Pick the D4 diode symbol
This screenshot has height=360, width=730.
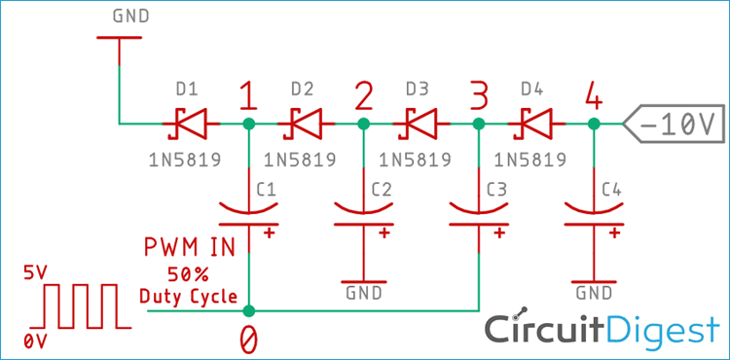(x=532, y=124)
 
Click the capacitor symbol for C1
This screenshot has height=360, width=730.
(x=250, y=216)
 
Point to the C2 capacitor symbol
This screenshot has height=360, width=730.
(x=364, y=216)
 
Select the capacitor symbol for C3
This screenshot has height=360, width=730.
(x=478, y=216)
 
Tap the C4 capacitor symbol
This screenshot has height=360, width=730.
(x=593, y=216)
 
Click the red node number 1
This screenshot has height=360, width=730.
(x=248, y=95)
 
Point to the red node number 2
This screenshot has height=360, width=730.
(x=364, y=95)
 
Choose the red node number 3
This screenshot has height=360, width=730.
(x=478, y=95)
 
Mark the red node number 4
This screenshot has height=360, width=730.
(x=593, y=95)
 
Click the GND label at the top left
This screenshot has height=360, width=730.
(x=132, y=17)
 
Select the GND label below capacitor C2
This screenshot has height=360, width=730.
(x=363, y=292)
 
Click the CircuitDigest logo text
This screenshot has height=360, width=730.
(x=603, y=329)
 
